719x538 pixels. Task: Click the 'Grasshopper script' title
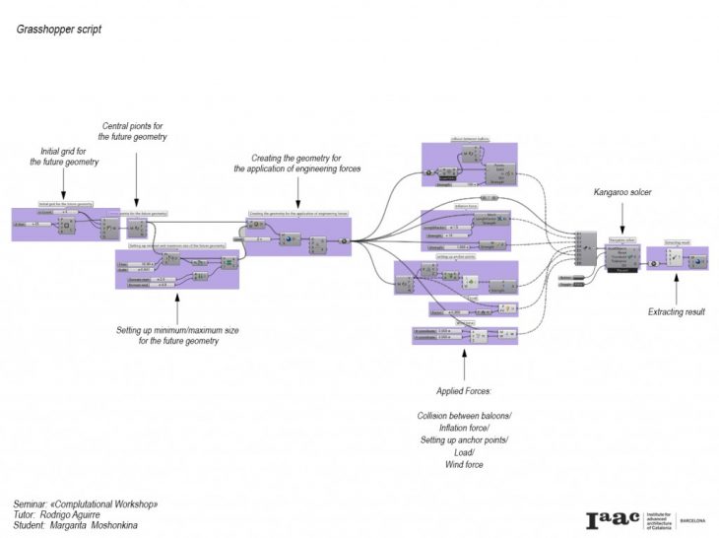tap(58, 29)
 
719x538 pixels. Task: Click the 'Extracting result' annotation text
tap(677, 312)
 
